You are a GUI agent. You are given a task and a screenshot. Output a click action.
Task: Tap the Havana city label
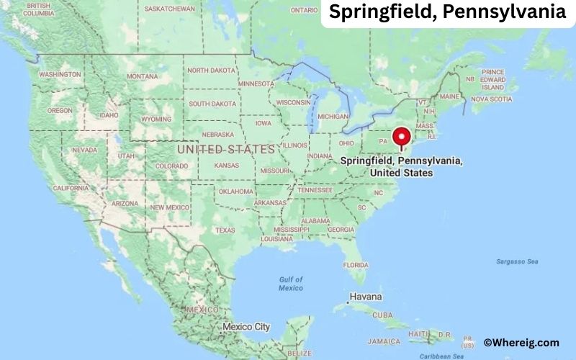(x=366, y=297)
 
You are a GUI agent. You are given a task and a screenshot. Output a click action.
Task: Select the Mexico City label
(x=246, y=327)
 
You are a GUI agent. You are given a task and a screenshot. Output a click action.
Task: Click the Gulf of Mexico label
(x=291, y=284)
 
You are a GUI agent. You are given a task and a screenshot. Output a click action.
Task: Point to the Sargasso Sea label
(x=517, y=261)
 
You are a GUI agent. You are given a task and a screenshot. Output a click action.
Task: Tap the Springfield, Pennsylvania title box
(x=448, y=12)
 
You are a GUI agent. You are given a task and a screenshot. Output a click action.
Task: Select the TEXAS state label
(x=225, y=230)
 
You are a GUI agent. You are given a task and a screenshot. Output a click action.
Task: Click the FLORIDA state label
(x=356, y=264)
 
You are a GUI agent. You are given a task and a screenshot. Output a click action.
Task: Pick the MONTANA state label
(x=142, y=76)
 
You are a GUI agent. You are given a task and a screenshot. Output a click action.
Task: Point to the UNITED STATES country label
(x=225, y=149)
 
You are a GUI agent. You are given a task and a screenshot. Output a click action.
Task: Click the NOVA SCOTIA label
(x=490, y=99)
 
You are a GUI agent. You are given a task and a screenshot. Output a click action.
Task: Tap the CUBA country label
(x=382, y=315)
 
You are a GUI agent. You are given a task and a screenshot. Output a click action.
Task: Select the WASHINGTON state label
(x=60, y=74)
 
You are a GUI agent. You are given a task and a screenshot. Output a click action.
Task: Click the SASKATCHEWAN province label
(x=169, y=9)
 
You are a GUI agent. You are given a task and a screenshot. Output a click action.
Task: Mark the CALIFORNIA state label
(x=71, y=188)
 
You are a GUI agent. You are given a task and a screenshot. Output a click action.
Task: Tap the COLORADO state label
(x=171, y=166)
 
